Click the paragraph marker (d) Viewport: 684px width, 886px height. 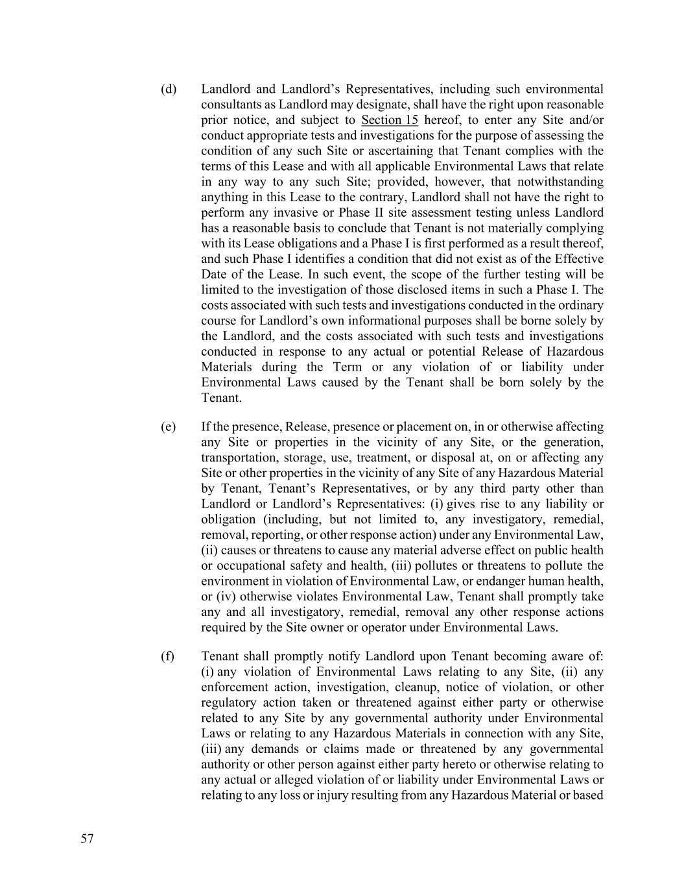[x=169, y=89]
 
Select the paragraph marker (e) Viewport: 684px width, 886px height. [x=169, y=427]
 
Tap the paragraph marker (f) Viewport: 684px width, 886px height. [x=168, y=656]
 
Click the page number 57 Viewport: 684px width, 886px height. [x=88, y=839]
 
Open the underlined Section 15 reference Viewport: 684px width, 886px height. [x=390, y=120]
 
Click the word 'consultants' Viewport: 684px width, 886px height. [x=231, y=105]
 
